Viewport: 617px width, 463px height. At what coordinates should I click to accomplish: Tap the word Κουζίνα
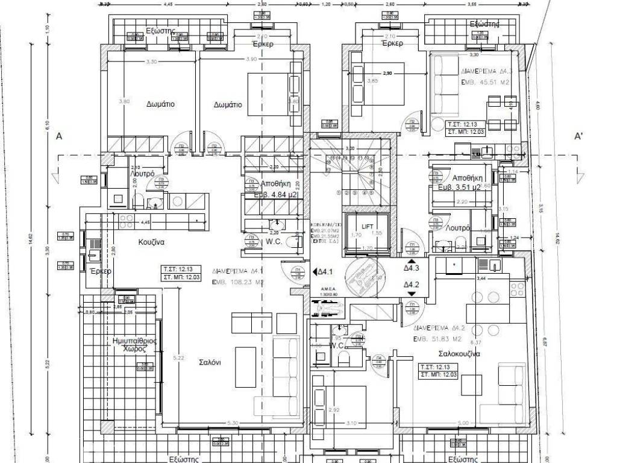point(151,242)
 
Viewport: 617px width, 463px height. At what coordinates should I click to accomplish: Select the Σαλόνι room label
point(210,362)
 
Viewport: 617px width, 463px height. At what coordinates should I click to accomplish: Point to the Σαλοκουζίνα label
point(459,354)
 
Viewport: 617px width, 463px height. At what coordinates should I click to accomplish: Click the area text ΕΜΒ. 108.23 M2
point(238,282)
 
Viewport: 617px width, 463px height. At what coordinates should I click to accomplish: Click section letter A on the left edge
point(59,136)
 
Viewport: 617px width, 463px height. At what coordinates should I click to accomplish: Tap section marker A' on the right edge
point(577,137)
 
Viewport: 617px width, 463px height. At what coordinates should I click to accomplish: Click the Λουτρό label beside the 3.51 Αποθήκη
point(459,228)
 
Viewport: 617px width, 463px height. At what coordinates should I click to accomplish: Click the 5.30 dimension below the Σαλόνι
point(232,423)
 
